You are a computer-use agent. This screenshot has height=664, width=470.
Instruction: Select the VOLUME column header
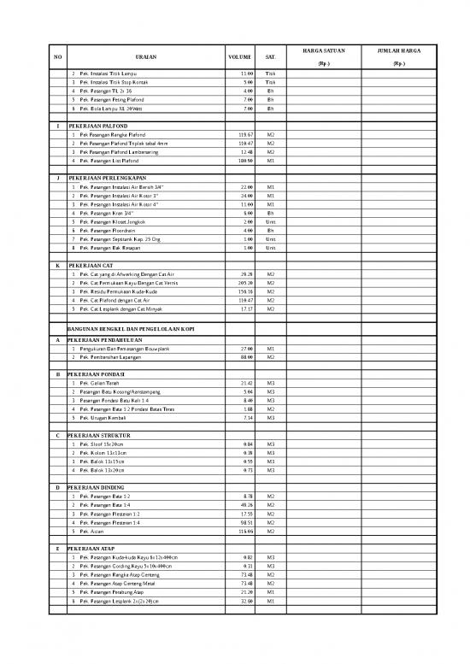click(238, 57)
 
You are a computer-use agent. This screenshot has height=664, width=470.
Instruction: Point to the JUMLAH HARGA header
click(398, 50)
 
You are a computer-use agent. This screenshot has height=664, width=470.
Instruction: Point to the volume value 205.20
click(246, 283)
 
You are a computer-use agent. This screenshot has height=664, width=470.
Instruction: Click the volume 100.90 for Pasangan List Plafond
click(246, 161)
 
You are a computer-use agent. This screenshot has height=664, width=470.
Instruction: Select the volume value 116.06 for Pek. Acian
click(246, 532)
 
